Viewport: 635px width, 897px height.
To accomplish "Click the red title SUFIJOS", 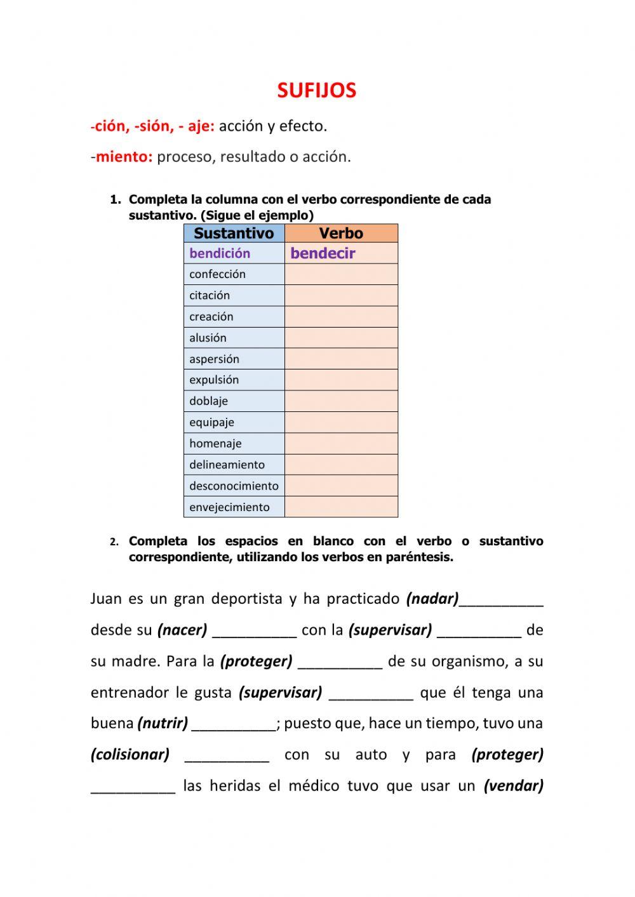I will coord(316,91).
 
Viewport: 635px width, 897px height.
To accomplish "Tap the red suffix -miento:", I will coord(122,157).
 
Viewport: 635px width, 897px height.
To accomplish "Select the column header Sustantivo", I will coord(234,233).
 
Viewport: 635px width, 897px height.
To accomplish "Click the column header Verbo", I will coord(341,233).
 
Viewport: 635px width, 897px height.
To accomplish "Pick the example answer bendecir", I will coord(323,253).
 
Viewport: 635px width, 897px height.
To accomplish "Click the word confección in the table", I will coord(217,274).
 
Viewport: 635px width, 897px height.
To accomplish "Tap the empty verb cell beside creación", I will coord(341,317).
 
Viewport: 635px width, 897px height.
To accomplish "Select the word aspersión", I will coord(214,359).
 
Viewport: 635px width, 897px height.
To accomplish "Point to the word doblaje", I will coord(208,401).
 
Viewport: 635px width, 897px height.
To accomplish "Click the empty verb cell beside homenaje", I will coord(341,444).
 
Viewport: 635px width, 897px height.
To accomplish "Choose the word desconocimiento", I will coord(234,486).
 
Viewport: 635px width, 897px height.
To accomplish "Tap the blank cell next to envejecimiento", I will coord(341,507).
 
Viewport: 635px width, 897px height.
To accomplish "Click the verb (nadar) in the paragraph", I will coord(432,599).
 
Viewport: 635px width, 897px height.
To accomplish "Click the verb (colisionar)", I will coord(130,755).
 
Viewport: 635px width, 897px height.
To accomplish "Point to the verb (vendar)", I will coord(514,786).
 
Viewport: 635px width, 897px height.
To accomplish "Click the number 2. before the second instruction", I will coord(114,542).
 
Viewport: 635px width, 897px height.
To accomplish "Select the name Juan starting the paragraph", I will coord(106,599).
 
